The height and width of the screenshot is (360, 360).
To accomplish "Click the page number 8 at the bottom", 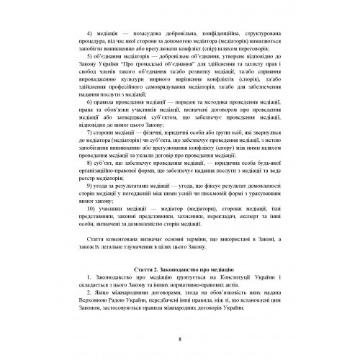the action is [x=180, y=340].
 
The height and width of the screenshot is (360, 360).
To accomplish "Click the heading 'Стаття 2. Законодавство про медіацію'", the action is [x=180, y=267].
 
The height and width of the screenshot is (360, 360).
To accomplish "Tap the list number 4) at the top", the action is [x=89, y=32].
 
